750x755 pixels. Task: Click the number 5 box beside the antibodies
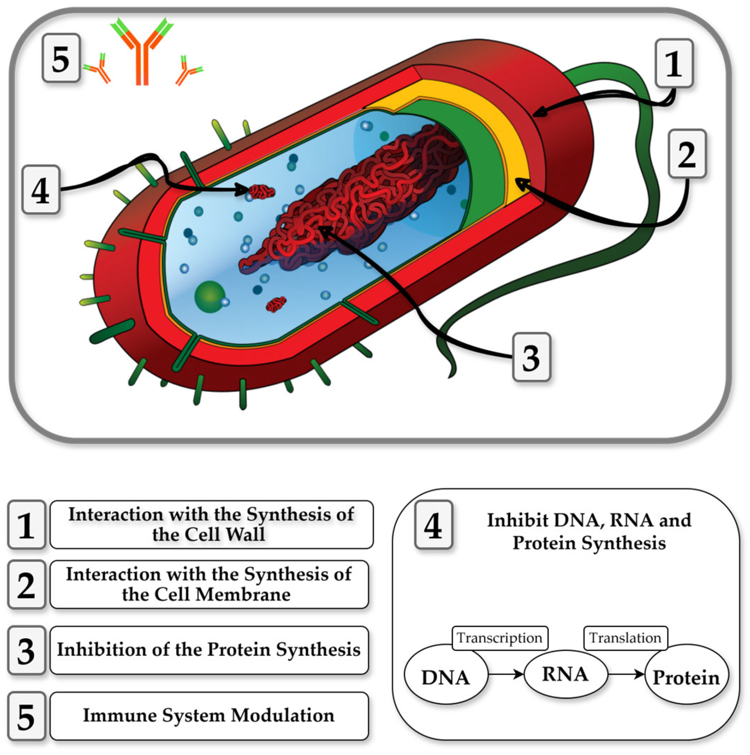[x=61, y=59]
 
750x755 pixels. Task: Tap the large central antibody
[x=141, y=53]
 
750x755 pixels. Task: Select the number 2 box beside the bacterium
[x=687, y=154]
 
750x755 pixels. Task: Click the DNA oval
[x=445, y=677]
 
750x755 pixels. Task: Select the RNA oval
[x=565, y=674]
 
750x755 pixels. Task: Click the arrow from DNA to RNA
[x=506, y=674]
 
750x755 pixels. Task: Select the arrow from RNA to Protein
[x=626, y=674]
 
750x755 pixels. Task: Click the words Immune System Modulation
[x=209, y=715]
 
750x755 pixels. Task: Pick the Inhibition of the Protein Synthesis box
[x=209, y=650]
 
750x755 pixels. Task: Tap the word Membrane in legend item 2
[x=243, y=594]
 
